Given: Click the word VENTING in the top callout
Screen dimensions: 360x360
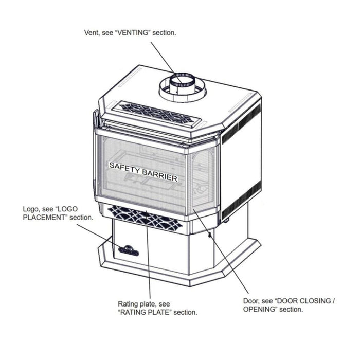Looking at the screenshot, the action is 133,33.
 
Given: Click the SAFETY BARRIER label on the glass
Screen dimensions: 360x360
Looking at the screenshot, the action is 143,172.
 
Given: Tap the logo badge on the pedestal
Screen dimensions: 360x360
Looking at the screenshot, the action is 129,250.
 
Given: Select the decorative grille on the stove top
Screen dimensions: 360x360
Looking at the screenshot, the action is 156,113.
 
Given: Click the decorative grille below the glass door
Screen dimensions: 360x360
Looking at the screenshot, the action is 145,218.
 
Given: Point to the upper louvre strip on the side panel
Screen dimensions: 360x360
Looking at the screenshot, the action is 241,124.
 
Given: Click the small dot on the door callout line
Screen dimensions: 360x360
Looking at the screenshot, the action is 209,235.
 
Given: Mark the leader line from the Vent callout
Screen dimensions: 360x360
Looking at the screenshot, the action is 167,63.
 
